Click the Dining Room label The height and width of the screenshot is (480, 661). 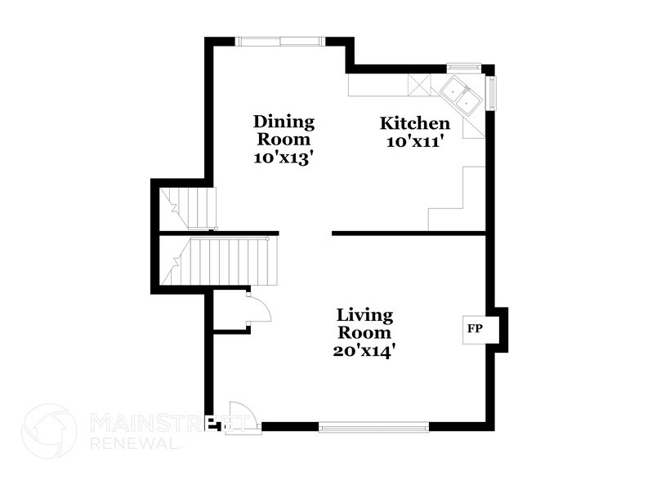pos(283,131)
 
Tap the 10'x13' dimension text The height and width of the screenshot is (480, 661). pos(283,159)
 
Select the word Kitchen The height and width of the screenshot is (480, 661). pos(415,123)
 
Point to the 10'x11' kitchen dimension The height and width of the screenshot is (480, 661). pos(415,141)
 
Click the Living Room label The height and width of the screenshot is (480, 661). pos(365,323)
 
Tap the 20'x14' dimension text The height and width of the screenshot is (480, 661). pos(365,352)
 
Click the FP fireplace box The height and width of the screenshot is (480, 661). pos(473,330)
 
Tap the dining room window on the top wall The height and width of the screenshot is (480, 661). pos(280,41)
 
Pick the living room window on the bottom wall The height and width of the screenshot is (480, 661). pos(373,426)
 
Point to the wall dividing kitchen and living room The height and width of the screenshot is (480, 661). pos(409,233)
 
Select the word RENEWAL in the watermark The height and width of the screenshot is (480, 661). pos(136,444)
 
